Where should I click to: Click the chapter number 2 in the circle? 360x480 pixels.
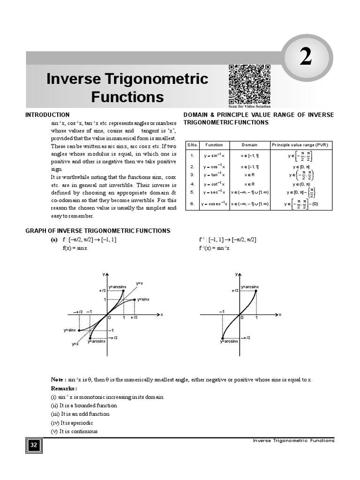[x=305, y=58]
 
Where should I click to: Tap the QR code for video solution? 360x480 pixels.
[x=249, y=85]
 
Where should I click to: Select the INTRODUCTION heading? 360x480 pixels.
[x=47, y=115]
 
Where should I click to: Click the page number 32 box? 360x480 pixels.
[x=34, y=445]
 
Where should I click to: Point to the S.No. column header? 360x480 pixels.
[x=192, y=145]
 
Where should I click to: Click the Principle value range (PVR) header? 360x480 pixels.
[x=302, y=145]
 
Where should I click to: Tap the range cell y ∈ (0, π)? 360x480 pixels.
[x=302, y=184]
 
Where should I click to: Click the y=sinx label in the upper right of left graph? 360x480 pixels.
[x=143, y=299]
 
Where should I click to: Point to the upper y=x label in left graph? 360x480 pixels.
[x=139, y=283]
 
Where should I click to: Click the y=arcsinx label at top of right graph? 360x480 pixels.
[x=249, y=286]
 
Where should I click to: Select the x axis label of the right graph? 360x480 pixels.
[x=280, y=315]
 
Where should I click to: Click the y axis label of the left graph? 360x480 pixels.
[x=103, y=274]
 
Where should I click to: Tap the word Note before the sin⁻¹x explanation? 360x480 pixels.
[x=58, y=379]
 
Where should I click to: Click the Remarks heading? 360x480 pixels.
[x=64, y=389]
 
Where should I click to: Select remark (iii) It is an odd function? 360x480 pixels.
[x=80, y=414]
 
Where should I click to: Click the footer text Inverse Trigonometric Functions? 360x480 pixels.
[x=293, y=441]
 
